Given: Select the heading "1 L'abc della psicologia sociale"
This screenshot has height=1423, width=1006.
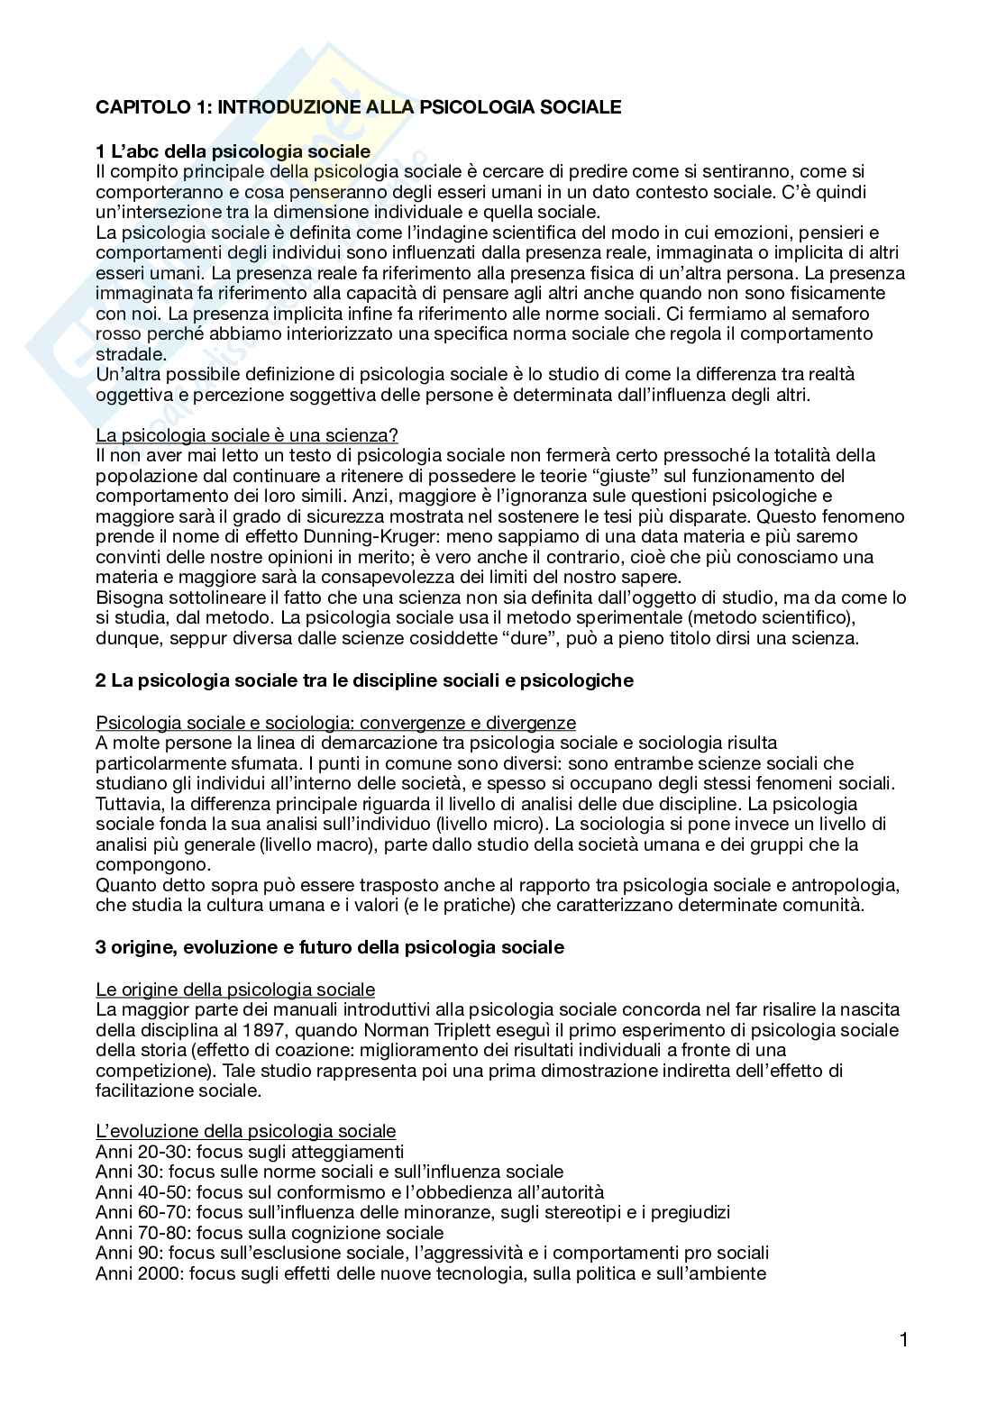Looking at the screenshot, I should point(233,151).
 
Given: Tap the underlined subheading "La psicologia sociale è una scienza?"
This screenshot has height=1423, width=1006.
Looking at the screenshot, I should point(247,435).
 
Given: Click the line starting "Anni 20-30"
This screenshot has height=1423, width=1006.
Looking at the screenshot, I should point(250,1152).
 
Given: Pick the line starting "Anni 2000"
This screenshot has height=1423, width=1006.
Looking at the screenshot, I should point(431,1273).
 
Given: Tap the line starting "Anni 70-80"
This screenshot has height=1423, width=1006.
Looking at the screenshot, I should point(270,1233).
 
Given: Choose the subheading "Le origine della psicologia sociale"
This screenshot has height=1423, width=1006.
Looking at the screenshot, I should point(235,990).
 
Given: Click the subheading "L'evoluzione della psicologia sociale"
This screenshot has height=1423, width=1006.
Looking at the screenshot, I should point(245,1131).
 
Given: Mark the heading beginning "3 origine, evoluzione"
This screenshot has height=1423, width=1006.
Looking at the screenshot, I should point(330,947).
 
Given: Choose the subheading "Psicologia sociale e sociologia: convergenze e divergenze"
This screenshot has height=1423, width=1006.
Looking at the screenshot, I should point(335,723).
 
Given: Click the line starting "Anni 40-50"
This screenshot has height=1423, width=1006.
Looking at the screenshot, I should point(350,1192).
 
